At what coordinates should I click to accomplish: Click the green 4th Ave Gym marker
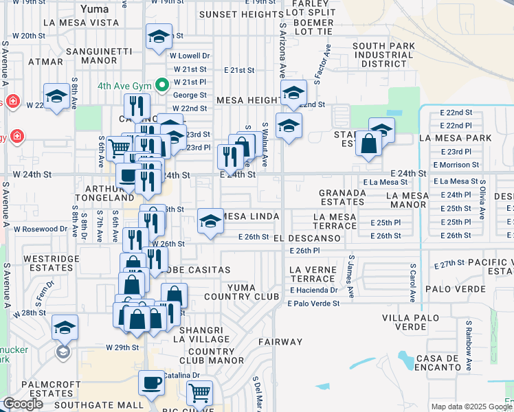tap(162, 86)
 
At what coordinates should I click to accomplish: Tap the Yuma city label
tap(94, 10)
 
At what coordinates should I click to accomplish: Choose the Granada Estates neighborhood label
tap(342, 198)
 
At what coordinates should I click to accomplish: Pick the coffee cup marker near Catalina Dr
tap(151, 383)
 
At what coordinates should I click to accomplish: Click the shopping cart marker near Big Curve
tap(199, 393)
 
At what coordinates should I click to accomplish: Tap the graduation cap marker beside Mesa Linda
tap(210, 221)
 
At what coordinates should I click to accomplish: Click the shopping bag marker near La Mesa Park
tap(369, 144)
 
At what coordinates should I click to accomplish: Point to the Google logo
tap(23, 404)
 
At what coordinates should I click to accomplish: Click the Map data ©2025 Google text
tap(471, 407)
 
